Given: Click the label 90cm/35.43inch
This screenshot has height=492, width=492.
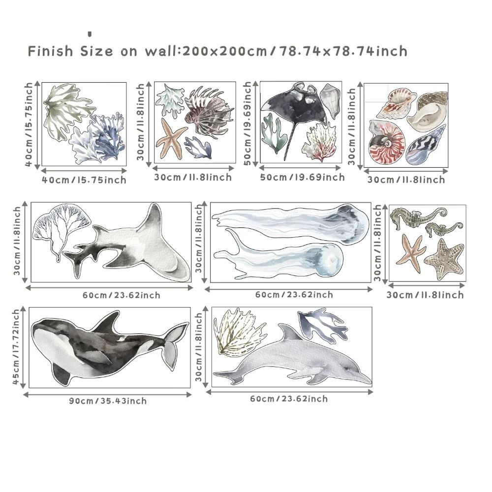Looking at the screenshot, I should click(x=108, y=401).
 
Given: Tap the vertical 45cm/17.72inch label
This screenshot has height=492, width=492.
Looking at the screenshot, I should click(x=17, y=347).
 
